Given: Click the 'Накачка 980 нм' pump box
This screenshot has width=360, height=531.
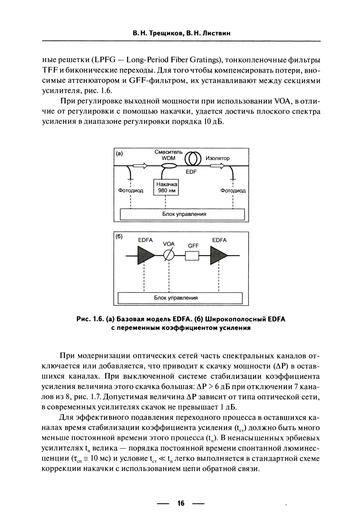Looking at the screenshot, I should (x=166, y=187).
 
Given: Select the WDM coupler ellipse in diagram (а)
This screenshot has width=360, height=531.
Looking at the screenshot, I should (x=168, y=166).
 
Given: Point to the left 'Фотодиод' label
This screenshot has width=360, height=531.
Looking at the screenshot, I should (x=130, y=191).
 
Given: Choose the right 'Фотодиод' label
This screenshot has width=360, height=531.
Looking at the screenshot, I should (x=233, y=191).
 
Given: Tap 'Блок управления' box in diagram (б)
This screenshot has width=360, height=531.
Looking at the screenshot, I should (x=180, y=298).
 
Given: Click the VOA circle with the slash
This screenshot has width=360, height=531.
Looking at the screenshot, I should (x=168, y=255).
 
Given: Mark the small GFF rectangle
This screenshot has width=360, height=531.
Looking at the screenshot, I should (x=192, y=256).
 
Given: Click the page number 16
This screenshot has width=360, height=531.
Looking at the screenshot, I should (x=181, y=503).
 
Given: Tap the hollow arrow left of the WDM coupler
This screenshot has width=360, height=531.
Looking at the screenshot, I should (x=140, y=165).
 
